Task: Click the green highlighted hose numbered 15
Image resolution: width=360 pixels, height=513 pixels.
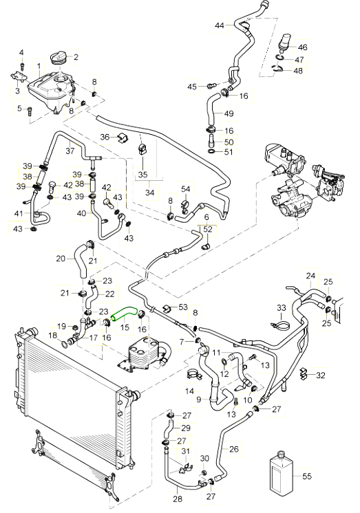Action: click(x=123, y=312)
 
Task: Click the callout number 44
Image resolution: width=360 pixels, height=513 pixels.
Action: click(x=220, y=25)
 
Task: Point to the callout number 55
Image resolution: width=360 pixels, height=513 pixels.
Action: click(x=307, y=476)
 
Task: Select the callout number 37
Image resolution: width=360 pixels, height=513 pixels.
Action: click(x=70, y=151)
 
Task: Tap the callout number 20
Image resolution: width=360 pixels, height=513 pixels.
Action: click(x=61, y=259)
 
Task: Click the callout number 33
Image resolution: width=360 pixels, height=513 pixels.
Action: click(x=282, y=308)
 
